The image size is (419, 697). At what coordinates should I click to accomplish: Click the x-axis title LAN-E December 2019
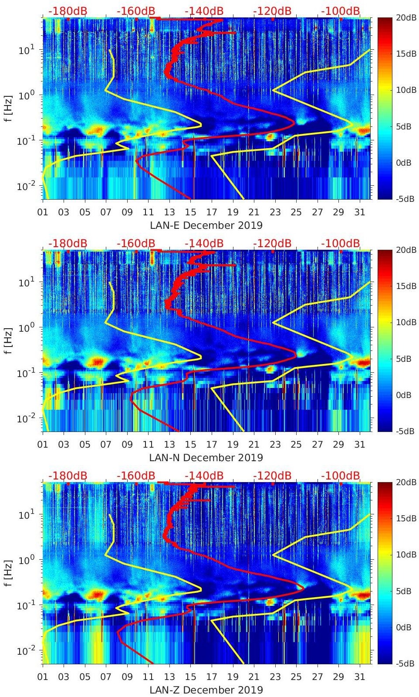tap(206, 225)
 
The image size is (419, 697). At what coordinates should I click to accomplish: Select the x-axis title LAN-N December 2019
tap(206, 458)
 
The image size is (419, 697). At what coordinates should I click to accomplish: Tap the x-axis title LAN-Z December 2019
tap(206, 690)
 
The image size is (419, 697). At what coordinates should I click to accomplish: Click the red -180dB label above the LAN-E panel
tap(68, 11)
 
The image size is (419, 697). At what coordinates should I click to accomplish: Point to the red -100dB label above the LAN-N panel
tap(341, 243)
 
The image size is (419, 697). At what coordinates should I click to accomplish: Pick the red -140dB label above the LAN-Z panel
tap(204, 476)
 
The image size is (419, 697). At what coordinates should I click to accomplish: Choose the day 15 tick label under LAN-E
tap(190, 212)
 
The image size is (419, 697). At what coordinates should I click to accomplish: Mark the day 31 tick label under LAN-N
tap(359, 445)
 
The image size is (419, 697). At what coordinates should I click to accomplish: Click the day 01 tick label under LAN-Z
tap(43, 677)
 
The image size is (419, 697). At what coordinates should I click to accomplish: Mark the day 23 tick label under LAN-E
tap(275, 212)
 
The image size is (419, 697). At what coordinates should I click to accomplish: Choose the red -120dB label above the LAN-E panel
tap(272, 11)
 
